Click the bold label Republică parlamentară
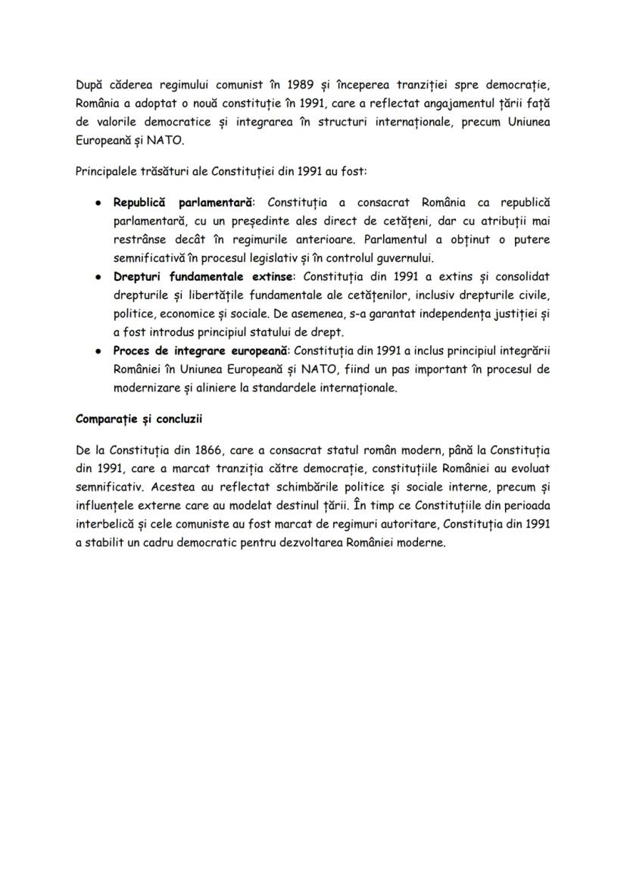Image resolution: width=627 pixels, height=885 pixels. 184,203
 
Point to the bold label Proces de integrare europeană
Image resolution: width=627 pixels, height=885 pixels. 201,350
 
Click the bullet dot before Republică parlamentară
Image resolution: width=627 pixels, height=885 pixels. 100,203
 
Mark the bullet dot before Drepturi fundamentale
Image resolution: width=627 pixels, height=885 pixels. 100,276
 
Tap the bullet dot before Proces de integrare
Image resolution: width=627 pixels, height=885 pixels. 100,351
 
